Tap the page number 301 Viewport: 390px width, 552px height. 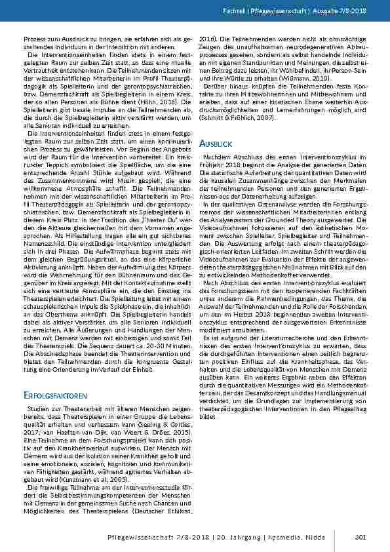[359, 538]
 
